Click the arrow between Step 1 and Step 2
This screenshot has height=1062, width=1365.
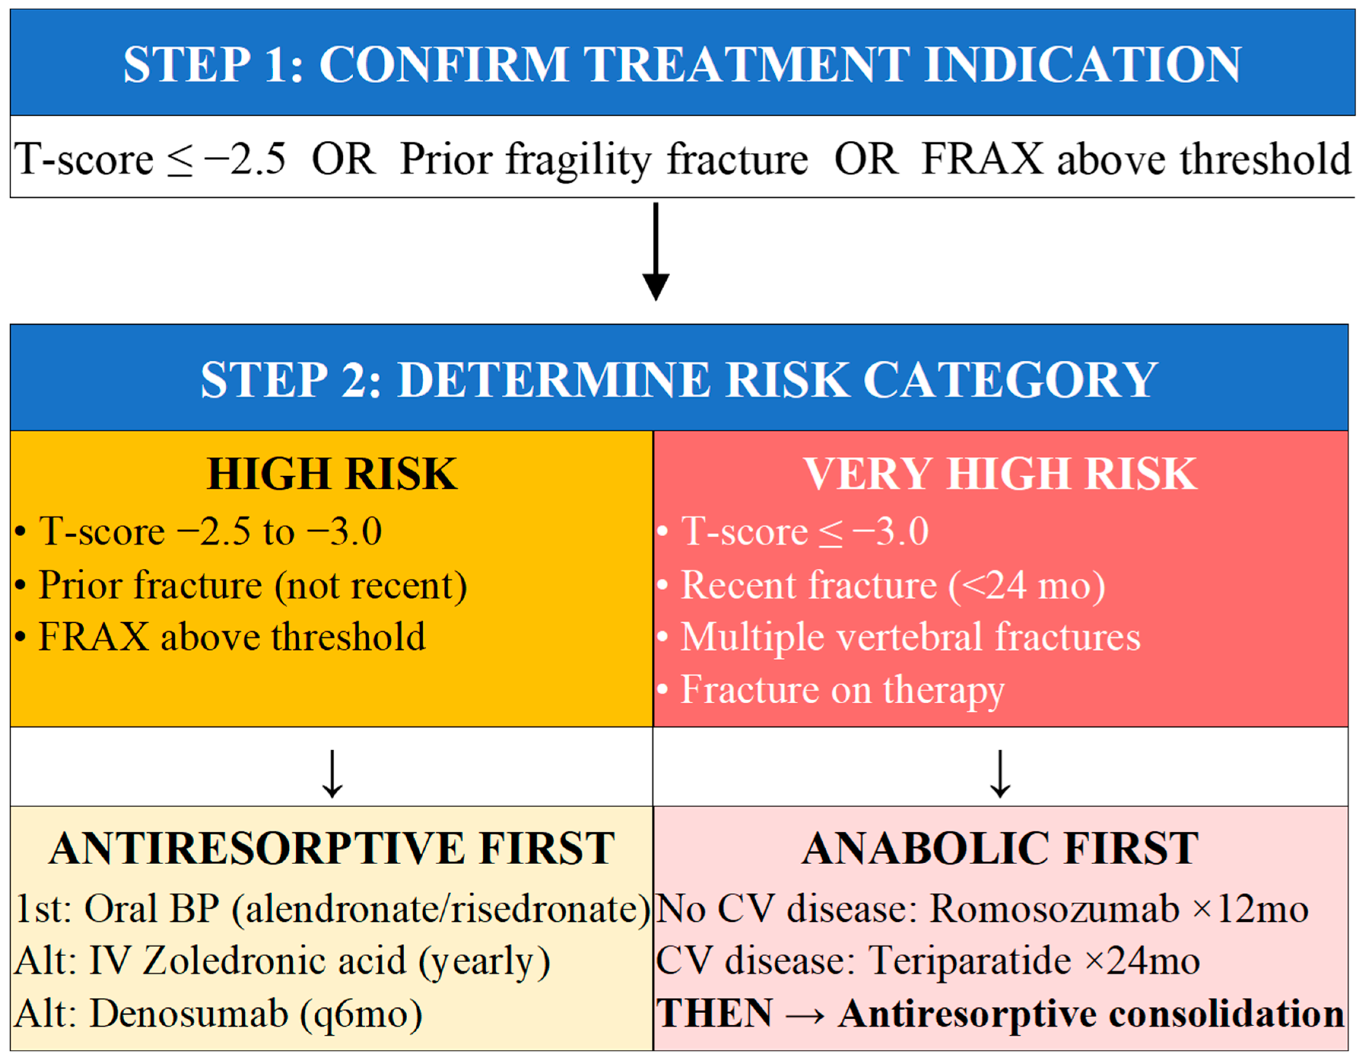tap(656, 251)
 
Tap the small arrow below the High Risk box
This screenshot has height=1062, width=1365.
tap(332, 774)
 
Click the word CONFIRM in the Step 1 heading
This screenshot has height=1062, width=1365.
tap(444, 64)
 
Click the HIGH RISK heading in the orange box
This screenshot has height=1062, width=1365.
tap(332, 474)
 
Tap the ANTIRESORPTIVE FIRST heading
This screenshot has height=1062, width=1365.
tap(332, 849)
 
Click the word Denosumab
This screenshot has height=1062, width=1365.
tap(189, 1013)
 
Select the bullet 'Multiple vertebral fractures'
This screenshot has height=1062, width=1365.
tap(899, 638)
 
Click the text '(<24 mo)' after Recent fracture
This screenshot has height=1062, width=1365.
tap(1027, 586)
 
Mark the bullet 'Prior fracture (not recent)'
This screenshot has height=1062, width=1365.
tap(241, 586)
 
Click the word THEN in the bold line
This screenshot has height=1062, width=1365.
tap(714, 1013)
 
